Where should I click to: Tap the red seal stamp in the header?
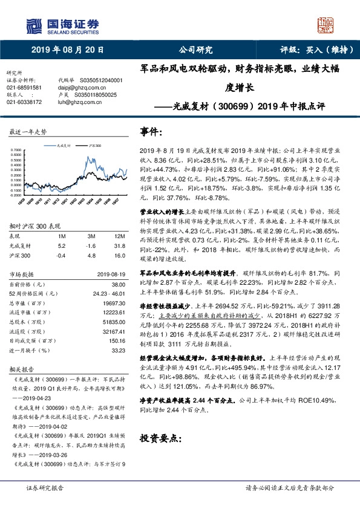tap(327, 24)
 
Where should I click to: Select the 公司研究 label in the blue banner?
tap(196, 50)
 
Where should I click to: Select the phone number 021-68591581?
tap(24, 88)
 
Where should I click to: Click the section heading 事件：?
tap(152, 131)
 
